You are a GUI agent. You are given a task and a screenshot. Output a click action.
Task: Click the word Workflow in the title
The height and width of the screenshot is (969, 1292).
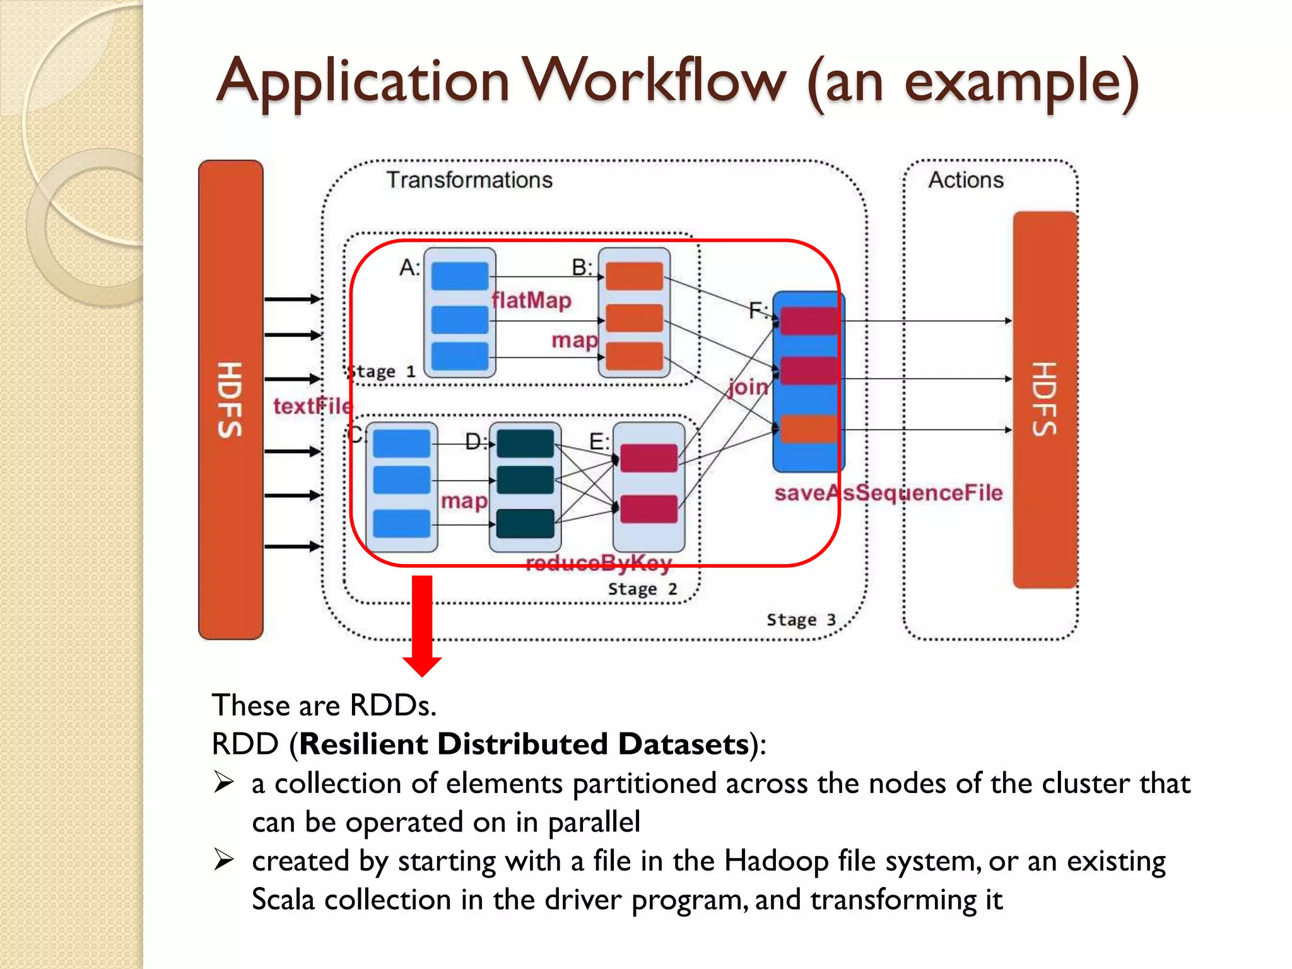656,82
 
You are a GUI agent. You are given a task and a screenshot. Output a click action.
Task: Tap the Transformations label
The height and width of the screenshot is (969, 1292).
469,180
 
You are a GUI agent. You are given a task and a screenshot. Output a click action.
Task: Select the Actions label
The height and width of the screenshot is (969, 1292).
965,180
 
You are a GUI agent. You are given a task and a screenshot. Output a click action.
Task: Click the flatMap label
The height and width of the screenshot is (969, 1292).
531,300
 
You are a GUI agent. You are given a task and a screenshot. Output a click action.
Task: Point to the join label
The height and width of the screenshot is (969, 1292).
748,387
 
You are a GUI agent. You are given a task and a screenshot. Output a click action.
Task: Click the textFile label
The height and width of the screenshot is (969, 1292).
312,406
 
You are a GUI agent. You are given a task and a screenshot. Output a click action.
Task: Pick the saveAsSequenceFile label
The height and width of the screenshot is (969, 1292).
888,493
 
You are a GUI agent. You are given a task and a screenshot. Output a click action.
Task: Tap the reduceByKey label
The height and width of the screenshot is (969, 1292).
598,562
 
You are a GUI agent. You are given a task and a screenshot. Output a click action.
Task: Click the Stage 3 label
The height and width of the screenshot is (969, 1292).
801,620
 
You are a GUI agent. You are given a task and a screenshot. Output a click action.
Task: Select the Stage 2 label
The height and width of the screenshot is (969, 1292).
642,589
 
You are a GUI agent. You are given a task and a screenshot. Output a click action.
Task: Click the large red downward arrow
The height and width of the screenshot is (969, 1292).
422,625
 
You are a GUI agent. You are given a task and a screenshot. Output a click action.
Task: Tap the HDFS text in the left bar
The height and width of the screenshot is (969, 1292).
230,399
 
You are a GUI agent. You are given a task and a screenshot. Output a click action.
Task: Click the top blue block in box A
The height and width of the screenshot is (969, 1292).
460,276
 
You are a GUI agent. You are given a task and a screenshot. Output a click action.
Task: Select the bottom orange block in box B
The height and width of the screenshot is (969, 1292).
634,356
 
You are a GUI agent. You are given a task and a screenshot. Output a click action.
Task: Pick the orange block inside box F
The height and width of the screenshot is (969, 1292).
808,429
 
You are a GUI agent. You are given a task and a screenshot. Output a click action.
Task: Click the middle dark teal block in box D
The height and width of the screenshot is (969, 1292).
525,480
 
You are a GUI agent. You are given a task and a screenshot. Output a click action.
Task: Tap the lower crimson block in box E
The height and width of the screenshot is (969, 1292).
649,509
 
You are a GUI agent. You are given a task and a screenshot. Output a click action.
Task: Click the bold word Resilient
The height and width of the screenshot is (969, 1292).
363,744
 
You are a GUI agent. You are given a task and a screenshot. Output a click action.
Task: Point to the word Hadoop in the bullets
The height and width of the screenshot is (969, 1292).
775,861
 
